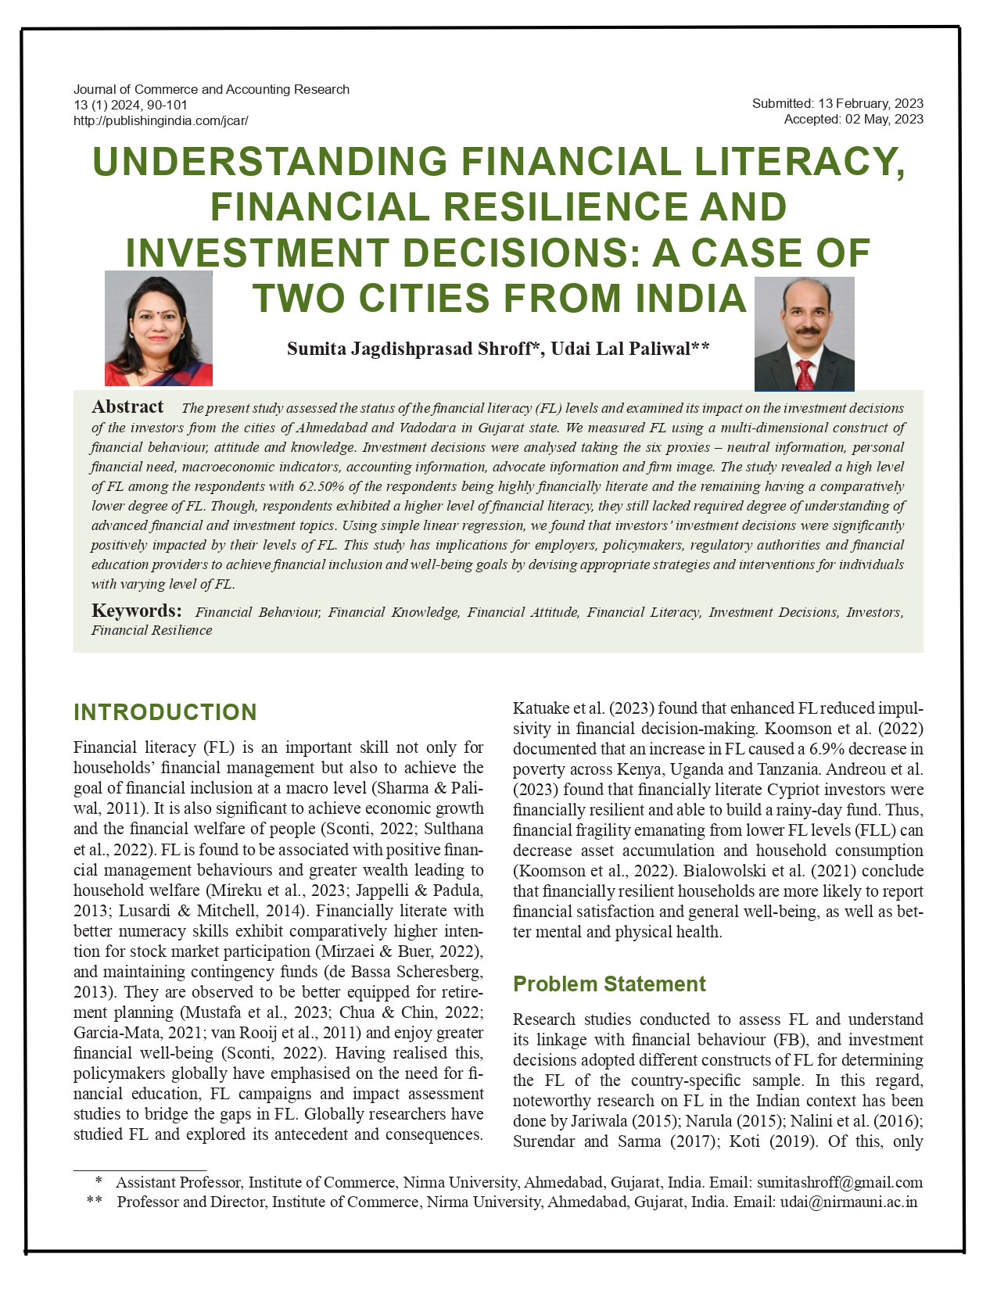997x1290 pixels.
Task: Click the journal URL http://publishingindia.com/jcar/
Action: tap(160, 121)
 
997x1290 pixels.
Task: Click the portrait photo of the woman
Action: tap(159, 328)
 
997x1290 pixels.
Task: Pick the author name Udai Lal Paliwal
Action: tap(621, 349)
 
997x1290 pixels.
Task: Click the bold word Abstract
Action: tap(127, 407)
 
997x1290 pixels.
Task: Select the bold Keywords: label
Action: tap(137, 611)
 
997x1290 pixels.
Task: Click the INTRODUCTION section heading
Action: tap(165, 712)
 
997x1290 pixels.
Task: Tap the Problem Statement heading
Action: tap(609, 984)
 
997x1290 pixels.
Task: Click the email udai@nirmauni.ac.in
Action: tap(848, 1202)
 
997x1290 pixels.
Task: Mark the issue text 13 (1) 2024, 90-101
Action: tap(131, 106)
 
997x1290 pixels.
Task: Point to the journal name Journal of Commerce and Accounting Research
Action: tap(211, 89)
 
